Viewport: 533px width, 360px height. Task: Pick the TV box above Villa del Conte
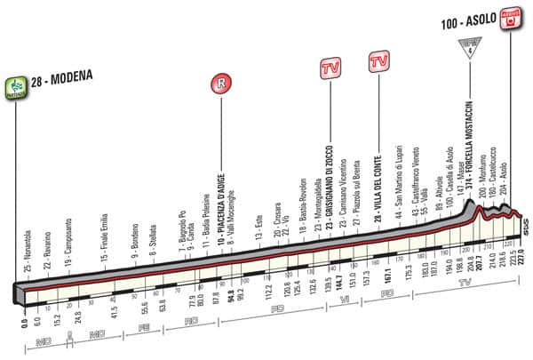pyautogui.click(x=378, y=62)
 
